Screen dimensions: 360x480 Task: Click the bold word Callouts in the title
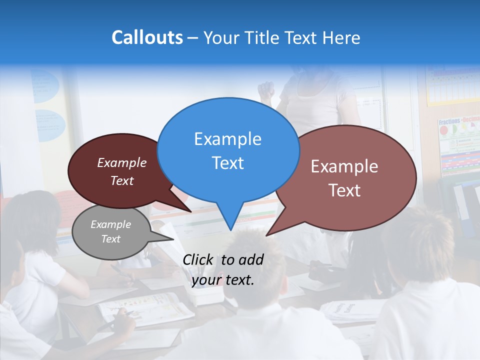147,37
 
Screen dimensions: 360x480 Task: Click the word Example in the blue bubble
227,139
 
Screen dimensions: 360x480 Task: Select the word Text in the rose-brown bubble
344,190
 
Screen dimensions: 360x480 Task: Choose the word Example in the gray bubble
110,224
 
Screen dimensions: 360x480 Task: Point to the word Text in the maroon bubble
122,181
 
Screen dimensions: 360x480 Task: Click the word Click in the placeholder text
198,259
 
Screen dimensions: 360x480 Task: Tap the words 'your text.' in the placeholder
223,280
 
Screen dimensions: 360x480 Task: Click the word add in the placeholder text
251,259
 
